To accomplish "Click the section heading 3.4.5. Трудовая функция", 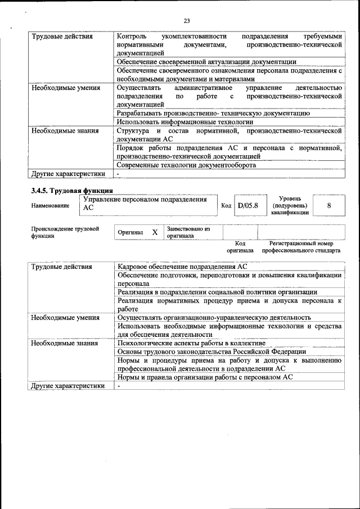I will (x=72, y=191).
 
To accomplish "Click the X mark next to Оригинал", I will (x=155, y=232).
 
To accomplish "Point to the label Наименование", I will (x=50, y=206).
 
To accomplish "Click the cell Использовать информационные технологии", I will (x=185, y=121).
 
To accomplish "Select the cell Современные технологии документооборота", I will (x=186, y=165).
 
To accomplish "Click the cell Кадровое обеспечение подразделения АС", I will (x=182, y=267).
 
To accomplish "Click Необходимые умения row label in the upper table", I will (x=66, y=88).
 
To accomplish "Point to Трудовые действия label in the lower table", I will (x=62, y=267).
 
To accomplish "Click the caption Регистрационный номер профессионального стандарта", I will (x=301, y=246).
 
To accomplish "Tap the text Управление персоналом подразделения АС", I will (x=145, y=204).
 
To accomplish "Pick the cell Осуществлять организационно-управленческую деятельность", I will (x=214, y=317).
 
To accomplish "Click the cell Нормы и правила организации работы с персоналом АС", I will (x=205, y=377).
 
